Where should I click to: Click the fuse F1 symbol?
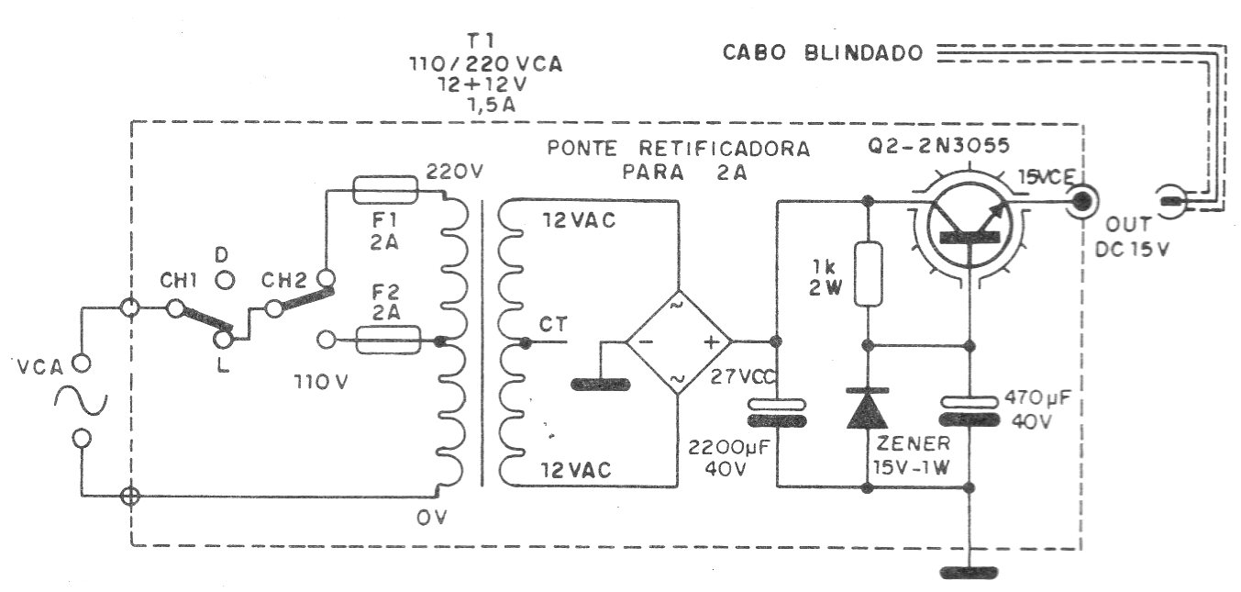(385, 191)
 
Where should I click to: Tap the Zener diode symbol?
(868, 408)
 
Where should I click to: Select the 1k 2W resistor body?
(868, 273)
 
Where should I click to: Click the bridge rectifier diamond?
(679, 342)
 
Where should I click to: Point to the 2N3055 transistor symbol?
(970, 228)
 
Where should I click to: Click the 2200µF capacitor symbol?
(777, 412)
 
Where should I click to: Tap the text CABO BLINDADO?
(823, 53)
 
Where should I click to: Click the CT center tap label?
(552, 324)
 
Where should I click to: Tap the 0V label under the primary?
(431, 519)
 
